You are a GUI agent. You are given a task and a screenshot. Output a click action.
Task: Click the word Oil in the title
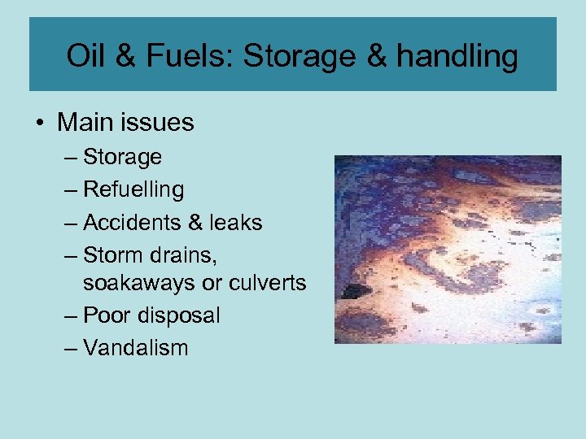(x=84, y=56)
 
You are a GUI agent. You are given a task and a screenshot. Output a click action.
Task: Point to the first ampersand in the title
(x=124, y=56)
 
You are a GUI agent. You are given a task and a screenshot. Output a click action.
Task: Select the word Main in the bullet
(x=81, y=123)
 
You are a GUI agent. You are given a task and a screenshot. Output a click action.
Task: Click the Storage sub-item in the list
(x=122, y=157)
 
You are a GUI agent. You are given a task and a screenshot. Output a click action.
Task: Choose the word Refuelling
(x=133, y=189)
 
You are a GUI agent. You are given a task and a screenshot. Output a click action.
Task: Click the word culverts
(x=266, y=283)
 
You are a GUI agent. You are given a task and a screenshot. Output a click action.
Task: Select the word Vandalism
(x=135, y=347)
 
